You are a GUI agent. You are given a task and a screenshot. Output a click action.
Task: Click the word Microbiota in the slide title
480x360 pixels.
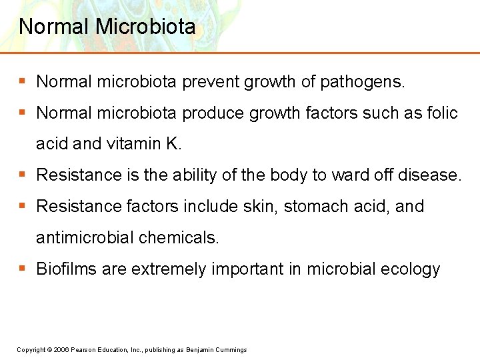(x=146, y=27)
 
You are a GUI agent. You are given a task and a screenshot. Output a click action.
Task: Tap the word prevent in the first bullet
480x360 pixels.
(x=212, y=82)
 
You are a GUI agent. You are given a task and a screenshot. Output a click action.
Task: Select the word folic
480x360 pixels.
(x=441, y=113)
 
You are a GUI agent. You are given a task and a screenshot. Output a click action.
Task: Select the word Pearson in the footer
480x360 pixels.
(x=84, y=350)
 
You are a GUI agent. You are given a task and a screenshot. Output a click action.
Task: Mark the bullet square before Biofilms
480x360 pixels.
(x=22, y=269)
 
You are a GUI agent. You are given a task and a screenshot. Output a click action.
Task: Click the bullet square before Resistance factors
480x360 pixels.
(x=22, y=206)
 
